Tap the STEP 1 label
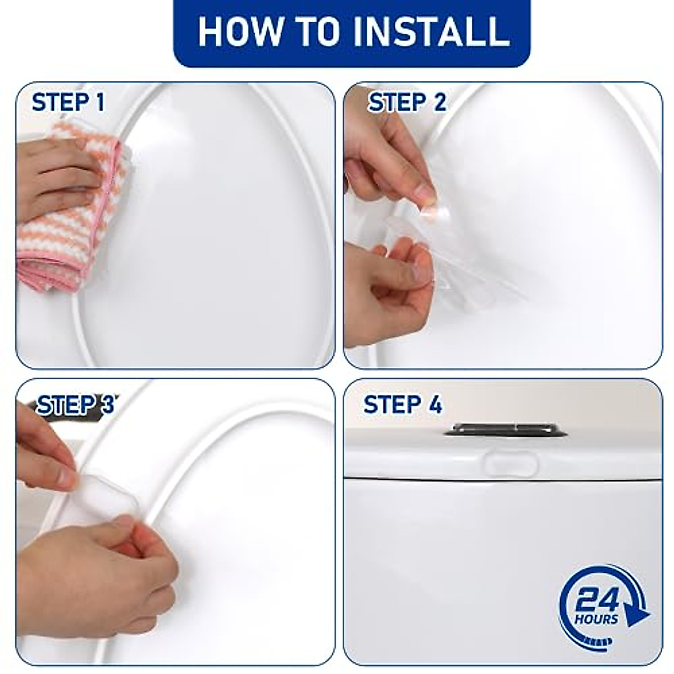point(68,103)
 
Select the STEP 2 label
point(407,103)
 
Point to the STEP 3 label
point(75,404)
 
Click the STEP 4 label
point(403,404)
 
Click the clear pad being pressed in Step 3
point(112,494)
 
